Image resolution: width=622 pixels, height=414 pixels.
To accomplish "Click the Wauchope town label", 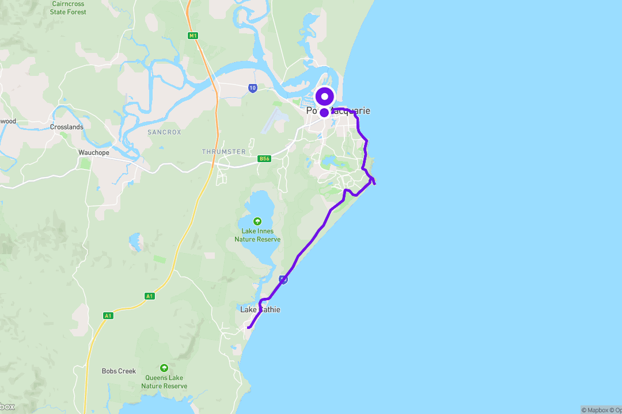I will pos(93,153).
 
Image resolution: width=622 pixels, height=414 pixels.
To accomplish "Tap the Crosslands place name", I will pos(67,127).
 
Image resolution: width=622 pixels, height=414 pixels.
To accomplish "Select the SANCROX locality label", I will pos(164,132).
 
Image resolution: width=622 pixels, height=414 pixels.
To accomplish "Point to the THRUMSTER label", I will pos(223,152).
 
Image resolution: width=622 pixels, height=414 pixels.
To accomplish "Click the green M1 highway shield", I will pos(193,36).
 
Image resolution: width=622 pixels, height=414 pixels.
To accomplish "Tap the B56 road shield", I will pos(264,159).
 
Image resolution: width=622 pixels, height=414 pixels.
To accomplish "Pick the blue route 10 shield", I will pos(253,88).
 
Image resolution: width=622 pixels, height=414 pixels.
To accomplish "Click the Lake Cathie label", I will pos(260,310).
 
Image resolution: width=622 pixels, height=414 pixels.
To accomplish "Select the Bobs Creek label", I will pos(119,371).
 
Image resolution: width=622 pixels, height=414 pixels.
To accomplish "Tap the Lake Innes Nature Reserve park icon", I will pos(257,221).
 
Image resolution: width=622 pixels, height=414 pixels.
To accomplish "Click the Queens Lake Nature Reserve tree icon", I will pos(164,368).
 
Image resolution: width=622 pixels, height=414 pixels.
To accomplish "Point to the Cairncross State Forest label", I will pos(68,7).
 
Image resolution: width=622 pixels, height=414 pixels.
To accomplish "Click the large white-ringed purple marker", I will pos(325,96).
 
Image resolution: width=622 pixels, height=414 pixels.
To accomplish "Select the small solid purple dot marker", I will pos(324,113).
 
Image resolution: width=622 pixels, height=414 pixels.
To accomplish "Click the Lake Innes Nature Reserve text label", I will pos(257,235).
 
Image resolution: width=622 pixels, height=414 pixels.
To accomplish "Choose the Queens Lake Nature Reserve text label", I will pos(164,382).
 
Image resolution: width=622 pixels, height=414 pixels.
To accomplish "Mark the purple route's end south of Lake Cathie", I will pos(248,328).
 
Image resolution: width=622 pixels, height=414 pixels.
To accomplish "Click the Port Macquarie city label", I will pos(338,111).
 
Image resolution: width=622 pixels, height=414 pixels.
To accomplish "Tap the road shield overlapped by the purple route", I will pos(283,279).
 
